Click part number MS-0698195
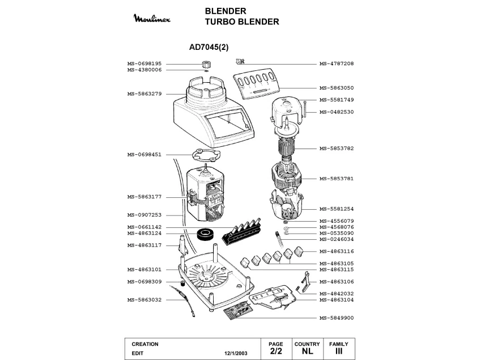click(145, 63)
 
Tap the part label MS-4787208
click(337, 63)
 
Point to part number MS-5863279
click(145, 94)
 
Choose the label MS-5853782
click(337, 149)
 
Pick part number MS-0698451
click(145, 154)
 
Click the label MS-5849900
click(337, 318)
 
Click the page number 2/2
click(276, 352)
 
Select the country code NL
click(307, 352)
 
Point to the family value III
click(339, 352)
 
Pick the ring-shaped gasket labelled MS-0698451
click(203, 154)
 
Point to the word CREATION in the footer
click(145, 344)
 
